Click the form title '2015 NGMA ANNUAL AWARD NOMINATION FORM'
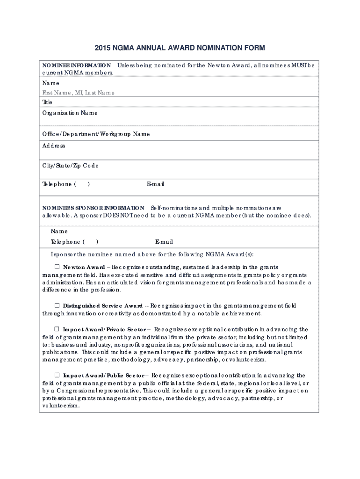tap(180, 48)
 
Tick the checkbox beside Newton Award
tap(57, 267)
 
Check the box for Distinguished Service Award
tap(57, 305)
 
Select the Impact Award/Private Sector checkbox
tap(57, 329)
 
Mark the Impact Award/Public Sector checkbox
tap(57, 375)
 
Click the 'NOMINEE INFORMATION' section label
tap(77, 65)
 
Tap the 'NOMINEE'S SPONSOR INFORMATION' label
tap(94, 207)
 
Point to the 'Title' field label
tap(47, 102)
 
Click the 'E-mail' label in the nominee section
tap(155, 184)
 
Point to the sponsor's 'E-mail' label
tap(164, 242)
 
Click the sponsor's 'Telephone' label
tap(65, 242)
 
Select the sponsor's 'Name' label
tap(59, 231)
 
